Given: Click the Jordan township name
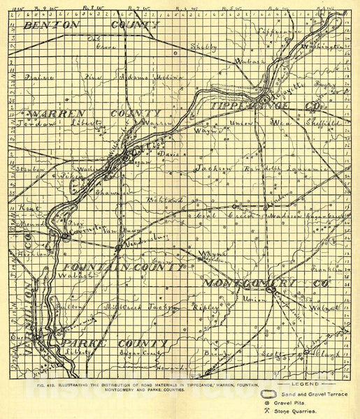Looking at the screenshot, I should click(x=26, y=124).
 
